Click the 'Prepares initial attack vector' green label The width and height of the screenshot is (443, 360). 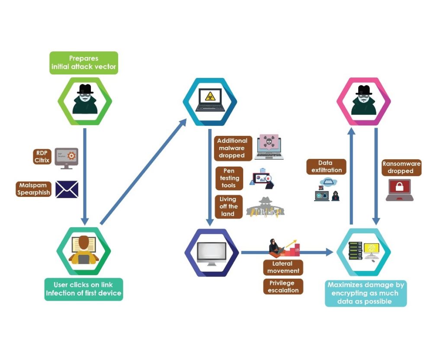tap(83, 63)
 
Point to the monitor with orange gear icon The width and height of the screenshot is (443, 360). tap(66, 158)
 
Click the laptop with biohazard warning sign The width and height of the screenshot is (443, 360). tap(210, 100)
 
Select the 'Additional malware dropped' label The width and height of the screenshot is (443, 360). tap(232, 148)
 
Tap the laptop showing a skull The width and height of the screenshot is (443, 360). tap(269, 147)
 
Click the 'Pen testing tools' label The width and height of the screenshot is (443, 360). tap(229, 178)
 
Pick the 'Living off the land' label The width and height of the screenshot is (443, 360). tap(228, 206)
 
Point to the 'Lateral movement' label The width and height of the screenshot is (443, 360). tap(283, 267)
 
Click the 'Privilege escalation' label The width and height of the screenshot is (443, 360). tap(283, 286)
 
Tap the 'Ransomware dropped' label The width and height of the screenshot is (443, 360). tap(401, 167)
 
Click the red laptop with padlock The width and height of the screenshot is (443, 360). tap(399, 190)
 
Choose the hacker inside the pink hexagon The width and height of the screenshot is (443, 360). tap(363, 101)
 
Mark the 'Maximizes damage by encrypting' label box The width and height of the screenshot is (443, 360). tap(366, 293)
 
